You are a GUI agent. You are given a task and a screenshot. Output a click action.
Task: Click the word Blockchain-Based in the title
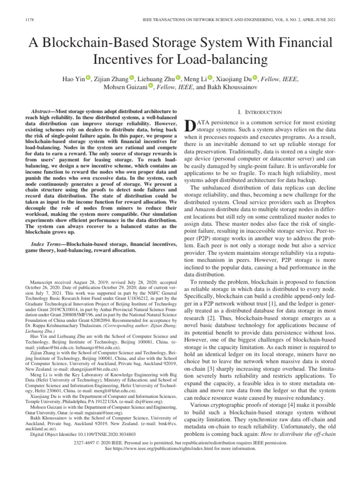(107, 44)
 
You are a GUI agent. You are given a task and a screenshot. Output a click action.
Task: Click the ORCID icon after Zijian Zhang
(132, 77)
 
